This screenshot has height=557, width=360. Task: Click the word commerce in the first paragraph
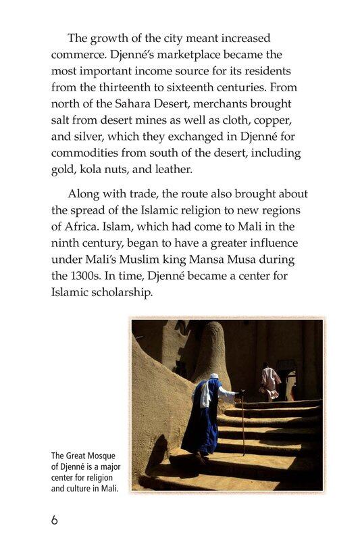pyautogui.click(x=78, y=55)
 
